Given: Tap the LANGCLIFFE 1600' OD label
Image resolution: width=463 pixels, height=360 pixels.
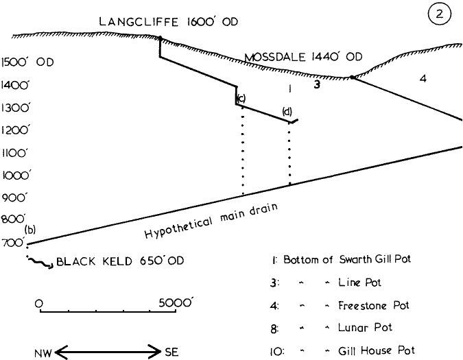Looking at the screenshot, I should click(168, 22).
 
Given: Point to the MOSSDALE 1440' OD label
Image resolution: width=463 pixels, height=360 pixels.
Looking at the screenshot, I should click(303, 57).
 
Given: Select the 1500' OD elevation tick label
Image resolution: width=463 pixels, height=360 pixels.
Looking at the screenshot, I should click(27, 62).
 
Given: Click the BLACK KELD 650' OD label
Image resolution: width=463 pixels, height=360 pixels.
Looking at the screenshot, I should click(121, 261).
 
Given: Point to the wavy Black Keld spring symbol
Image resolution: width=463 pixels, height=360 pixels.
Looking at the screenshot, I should click(41, 263).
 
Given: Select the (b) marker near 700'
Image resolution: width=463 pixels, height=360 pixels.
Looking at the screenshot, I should click(29, 230).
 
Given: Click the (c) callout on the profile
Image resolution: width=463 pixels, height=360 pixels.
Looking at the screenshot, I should click(241, 97).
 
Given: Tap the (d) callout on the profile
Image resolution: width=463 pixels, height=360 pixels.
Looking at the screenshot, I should click(287, 111).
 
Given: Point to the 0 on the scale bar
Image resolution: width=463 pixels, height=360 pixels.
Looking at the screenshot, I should click(39, 302).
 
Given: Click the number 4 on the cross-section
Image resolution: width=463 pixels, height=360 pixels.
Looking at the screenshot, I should click(423, 79).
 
